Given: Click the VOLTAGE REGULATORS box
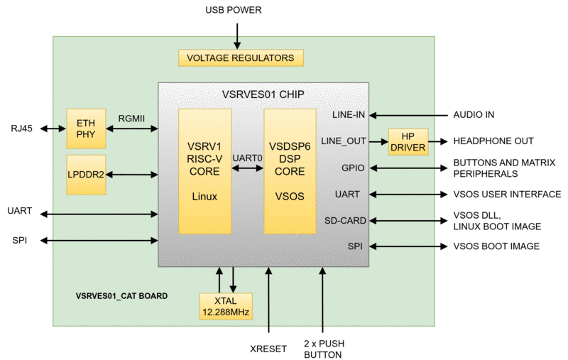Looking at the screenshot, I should click(x=241, y=58).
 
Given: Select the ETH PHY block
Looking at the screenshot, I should click(x=85, y=129).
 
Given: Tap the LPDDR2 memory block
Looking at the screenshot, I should click(x=85, y=174).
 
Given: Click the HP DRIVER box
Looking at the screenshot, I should click(x=408, y=141).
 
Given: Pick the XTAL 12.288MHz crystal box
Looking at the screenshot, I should click(x=225, y=305).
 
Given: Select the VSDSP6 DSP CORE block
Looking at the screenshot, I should click(x=290, y=171).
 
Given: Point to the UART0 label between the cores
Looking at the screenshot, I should click(x=247, y=158).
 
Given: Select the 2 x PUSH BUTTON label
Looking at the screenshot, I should click(x=323, y=346).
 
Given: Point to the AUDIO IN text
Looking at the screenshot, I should click(x=474, y=114).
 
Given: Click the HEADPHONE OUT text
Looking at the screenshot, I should click(x=493, y=141).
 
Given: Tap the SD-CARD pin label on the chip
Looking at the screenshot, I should click(x=345, y=220).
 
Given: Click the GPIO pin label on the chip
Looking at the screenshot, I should click(x=353, y=168).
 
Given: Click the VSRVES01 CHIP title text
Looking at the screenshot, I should click(x=263, y=94).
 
